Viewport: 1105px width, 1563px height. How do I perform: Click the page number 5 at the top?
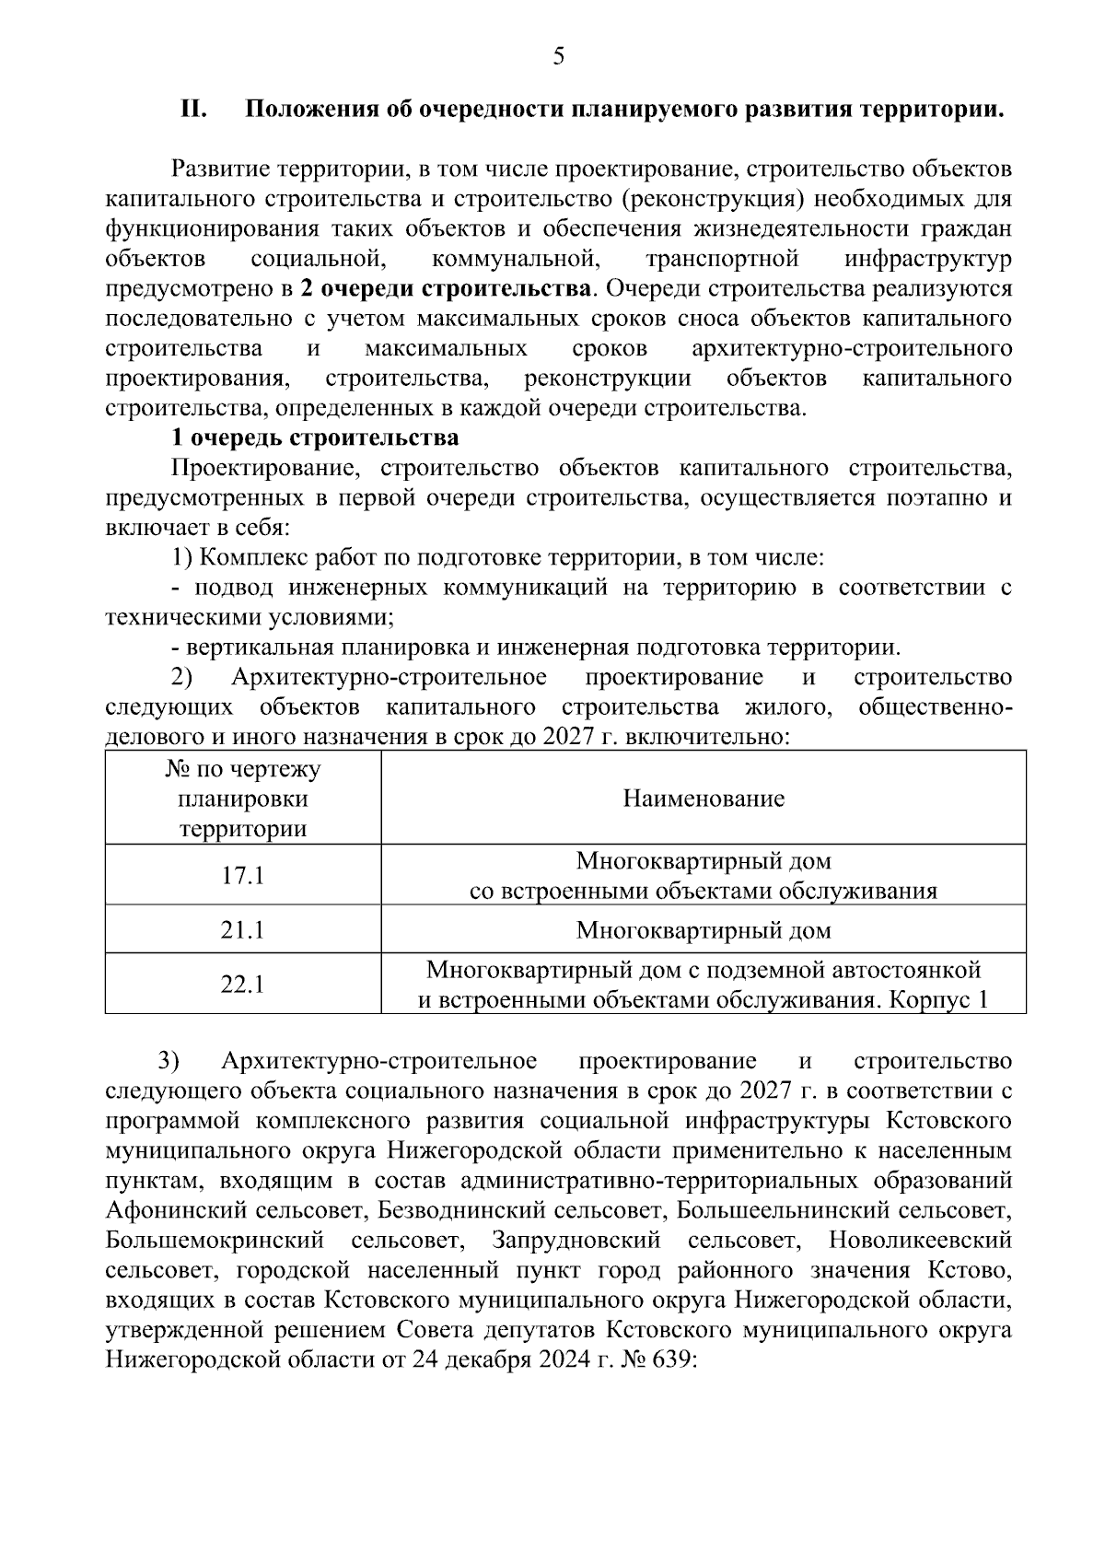pos(559,57)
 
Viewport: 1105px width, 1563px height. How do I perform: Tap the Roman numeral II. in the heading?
pos(193,110)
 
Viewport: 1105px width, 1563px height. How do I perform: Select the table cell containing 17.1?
pos(242,875)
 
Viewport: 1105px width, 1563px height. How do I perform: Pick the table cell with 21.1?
pos(242,929)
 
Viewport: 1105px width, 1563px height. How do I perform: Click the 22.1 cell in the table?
pos(242,984)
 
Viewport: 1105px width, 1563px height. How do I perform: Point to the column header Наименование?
pos(704,798)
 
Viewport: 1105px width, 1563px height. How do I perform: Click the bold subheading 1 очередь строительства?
pos(315,437)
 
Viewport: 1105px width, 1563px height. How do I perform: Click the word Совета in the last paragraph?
pos(432,1330)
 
